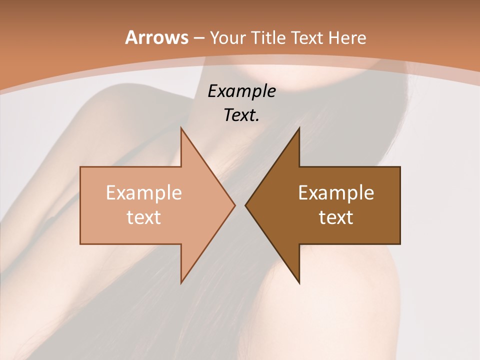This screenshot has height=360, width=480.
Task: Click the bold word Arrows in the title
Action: coord(156,37)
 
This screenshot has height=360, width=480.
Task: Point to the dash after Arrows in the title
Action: coord(198,38)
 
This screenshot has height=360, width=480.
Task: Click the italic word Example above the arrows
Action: coord(242,91)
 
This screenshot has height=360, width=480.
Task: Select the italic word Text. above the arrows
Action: coord(242,115)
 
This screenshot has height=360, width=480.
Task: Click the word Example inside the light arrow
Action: coord(144,193)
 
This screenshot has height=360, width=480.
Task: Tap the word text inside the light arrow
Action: coord(144,217)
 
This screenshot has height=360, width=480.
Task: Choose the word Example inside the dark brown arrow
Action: coord(336,193)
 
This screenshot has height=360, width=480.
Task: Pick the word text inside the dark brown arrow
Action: coord(336,217)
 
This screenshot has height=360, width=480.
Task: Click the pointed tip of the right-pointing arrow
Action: coord(235,205)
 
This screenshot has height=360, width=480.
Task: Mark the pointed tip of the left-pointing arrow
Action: coord(245,205)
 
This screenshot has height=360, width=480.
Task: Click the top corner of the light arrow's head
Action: coord(181,128)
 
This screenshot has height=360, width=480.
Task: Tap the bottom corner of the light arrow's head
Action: coord(181,283)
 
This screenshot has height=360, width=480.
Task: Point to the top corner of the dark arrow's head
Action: coord(299,128)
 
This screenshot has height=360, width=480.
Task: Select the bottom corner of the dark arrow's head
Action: coord(299,283)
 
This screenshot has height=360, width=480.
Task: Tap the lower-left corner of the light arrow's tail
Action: coord(80,244)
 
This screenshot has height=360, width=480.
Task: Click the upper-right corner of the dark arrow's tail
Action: coord(400,167)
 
